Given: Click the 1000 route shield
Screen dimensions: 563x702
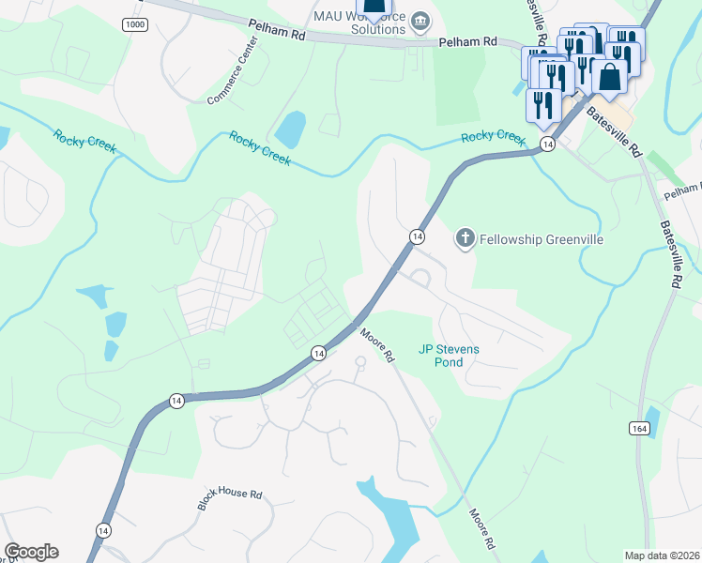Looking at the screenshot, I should click(x=134, y=24).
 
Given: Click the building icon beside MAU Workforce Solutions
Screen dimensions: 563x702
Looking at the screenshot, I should click(x=421, y=19).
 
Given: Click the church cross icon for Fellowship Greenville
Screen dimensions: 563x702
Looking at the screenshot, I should click(x=465, y=239).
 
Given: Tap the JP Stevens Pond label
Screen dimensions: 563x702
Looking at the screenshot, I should click(x=449, y=355).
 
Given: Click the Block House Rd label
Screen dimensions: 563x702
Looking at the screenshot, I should click(x=229, y=498).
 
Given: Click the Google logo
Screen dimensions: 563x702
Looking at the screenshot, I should click(x=31, y=552).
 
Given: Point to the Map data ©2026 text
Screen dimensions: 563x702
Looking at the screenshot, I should click(x=662, y=555).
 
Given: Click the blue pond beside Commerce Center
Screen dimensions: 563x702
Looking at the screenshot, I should click(x=292, y=129).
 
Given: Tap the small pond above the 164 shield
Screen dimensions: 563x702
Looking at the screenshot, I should click(x=652, y=415).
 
